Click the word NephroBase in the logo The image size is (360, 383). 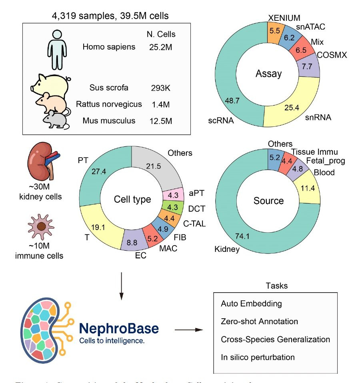click(119, 328)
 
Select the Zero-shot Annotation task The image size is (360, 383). click(259, 321)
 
